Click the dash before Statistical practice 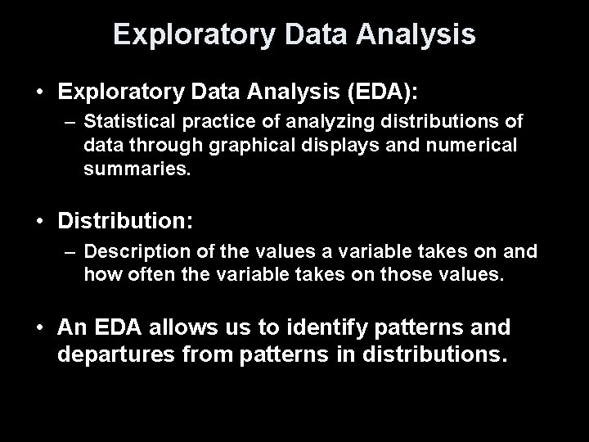click(x=71, y=122)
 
